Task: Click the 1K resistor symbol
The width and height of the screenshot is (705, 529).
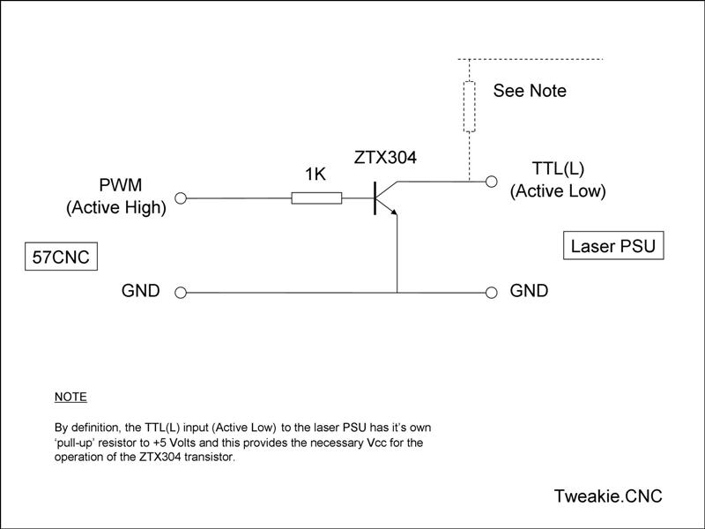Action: (316, 199)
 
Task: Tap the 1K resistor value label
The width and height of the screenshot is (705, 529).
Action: (315, 175)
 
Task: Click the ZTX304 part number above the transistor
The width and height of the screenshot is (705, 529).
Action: (385, 159)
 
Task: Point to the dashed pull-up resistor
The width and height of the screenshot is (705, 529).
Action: (470, 106)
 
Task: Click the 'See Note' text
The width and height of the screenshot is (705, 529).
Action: (530, 91)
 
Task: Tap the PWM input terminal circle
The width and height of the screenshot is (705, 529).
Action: (182, 199)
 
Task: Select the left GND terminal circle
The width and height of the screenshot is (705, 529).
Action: (182, 292)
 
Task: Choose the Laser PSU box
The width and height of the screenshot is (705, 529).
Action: (612, 246)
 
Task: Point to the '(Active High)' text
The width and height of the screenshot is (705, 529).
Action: (116, 208)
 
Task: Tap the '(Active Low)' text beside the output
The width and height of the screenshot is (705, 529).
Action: (558, 190)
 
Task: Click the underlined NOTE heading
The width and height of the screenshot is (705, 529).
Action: (70, 397)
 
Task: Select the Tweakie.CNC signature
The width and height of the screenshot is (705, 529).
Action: (608, 495)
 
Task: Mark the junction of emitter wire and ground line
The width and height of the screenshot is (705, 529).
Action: (397, 292)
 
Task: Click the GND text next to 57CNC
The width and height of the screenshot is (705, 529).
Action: (140, 291)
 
